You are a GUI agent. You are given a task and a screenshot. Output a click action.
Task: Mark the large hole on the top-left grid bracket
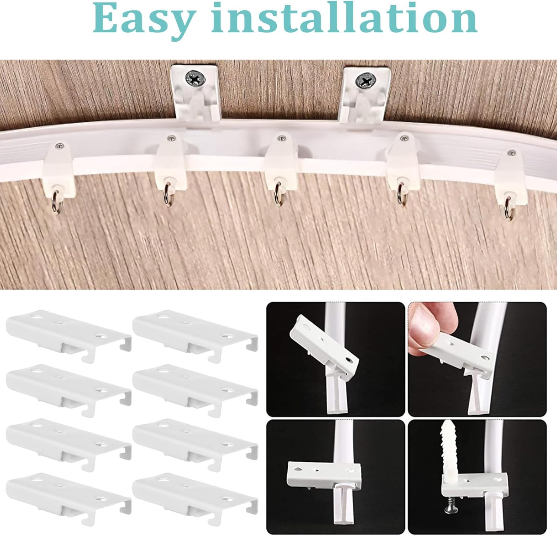(36, 317)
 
